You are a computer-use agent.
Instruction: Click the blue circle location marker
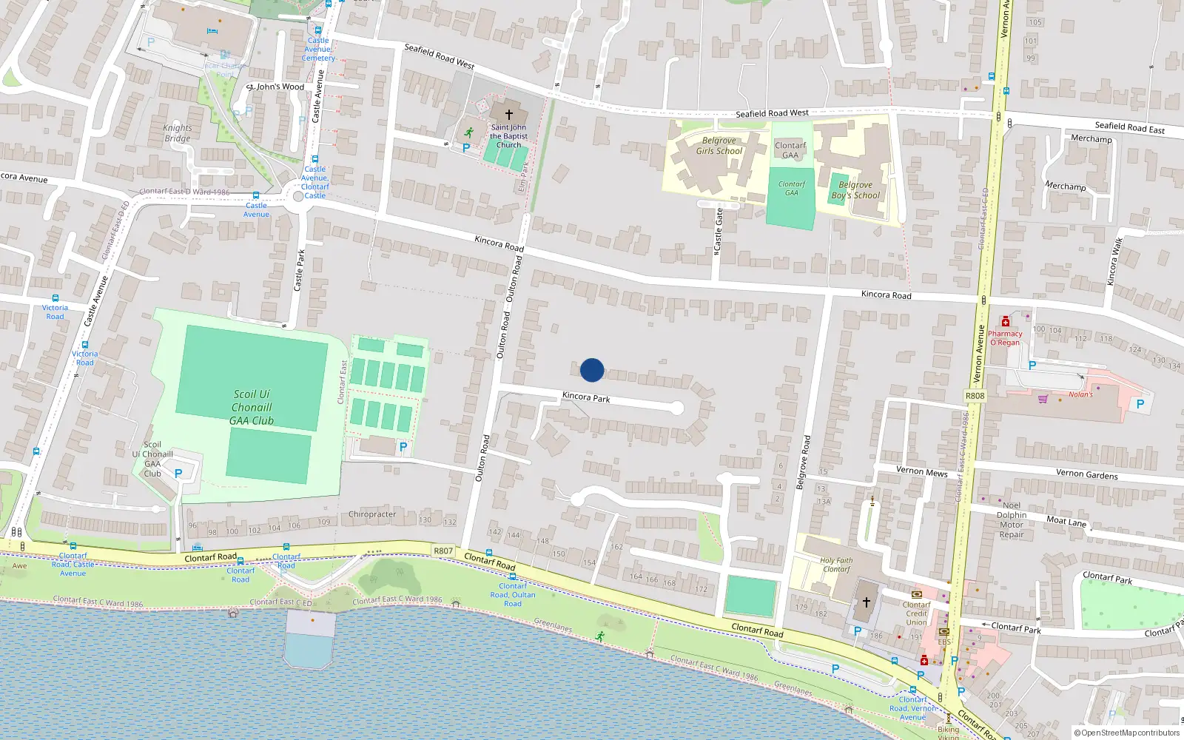pos(592,370)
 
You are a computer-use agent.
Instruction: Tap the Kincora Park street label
pos(586,397)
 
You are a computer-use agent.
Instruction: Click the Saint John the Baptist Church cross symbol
pos(509,115)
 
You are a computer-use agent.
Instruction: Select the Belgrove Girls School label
pos(719,146)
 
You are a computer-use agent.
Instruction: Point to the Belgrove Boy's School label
pos(855,190)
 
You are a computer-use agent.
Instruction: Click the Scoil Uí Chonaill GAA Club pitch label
pos(252,408)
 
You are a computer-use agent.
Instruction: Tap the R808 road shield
pos(975,396)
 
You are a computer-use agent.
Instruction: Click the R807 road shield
pos(443,551)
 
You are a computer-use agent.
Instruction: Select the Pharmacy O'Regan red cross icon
pos(1005,322)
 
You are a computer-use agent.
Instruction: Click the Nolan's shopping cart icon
pos(1043,399)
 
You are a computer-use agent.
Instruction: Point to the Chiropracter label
pos(372,514)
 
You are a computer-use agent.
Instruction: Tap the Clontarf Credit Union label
pos(916,613)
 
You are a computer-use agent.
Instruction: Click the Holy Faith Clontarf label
pos(836,565)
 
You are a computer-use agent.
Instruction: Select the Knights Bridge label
pos(178,133)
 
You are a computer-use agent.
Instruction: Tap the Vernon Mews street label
pos(921,471)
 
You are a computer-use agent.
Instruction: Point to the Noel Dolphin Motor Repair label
pos(1012,520)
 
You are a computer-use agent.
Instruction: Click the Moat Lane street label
pos(1066,521)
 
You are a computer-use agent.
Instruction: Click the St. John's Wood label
pos(277,87)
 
